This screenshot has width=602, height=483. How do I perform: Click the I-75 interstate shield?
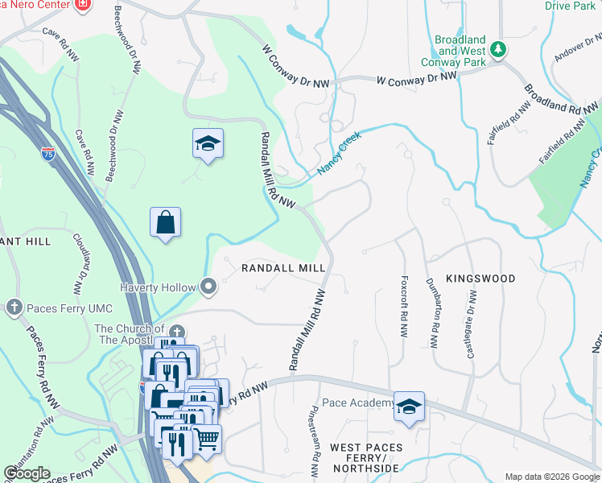[x=48, y=154]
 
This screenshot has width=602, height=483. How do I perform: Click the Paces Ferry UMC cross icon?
[x=14, y=306]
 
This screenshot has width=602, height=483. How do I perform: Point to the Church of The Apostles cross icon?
[x=176, y=331]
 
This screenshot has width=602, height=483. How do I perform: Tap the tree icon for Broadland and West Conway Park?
[x=498, y=50]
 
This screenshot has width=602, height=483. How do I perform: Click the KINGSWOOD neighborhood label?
[x=477, y=279]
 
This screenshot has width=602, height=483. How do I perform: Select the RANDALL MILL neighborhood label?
[x=283, y=268]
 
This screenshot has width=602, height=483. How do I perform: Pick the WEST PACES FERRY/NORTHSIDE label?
[x=365, y=457]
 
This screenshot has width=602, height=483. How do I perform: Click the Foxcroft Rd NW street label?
[x=403, y=307]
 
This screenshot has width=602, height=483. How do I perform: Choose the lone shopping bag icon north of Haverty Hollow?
[x=165, y=222]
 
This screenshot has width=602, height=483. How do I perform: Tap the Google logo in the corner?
[x=27, y=473]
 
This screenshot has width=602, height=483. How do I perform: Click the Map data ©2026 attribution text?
[x=551, y=477]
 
